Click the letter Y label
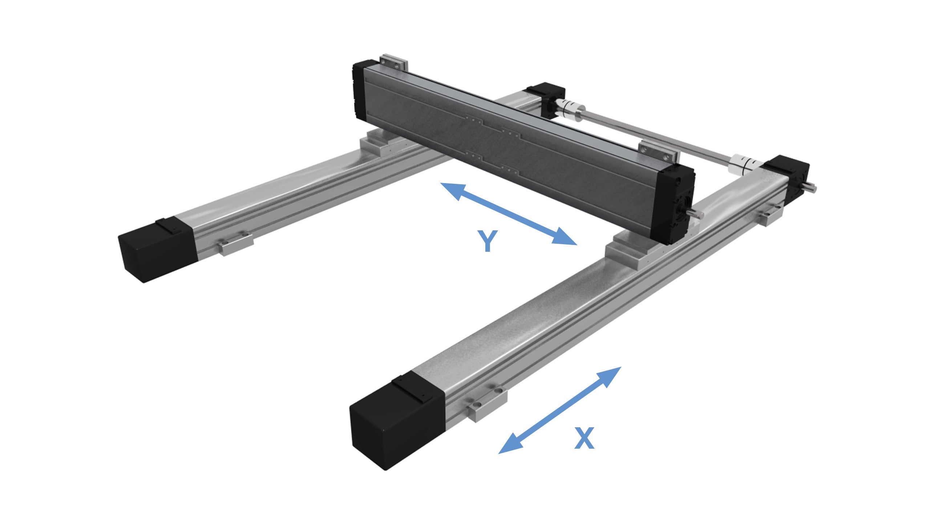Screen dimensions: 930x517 [487, 241]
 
